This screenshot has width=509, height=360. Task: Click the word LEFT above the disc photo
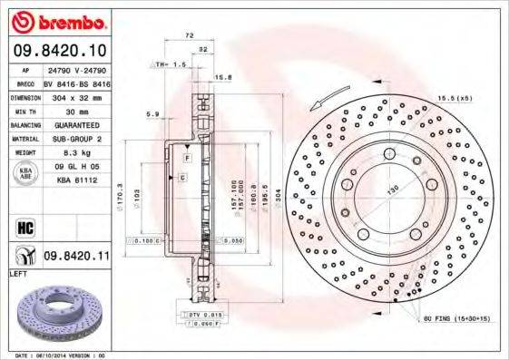click(x=17, y=273)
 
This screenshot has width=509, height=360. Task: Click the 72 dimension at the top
click(x=188, y=34)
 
